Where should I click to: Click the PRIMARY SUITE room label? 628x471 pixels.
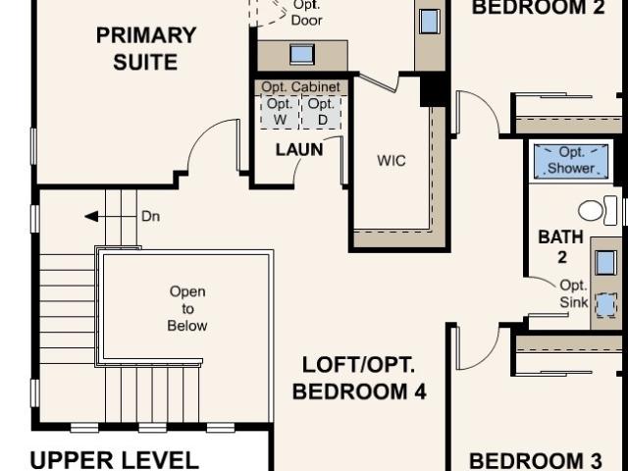[146, 48]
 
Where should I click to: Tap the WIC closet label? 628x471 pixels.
[392, 161]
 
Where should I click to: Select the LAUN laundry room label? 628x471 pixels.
[299, 150]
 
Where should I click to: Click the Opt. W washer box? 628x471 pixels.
[280, 112]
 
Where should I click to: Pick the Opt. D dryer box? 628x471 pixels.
[322, 112]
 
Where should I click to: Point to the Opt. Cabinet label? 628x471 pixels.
[300, 87]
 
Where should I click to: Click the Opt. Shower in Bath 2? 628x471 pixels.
[571, 160]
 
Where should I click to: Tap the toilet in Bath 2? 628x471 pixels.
[598, 210]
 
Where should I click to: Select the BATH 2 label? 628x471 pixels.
[561, 246]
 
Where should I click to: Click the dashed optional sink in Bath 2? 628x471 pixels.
[605, 305]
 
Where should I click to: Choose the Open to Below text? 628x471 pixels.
[187, 308]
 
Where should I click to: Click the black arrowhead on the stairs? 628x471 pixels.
[91, 216]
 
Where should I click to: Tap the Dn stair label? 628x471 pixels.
[150, 216]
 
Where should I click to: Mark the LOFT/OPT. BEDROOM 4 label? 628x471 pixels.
[359, 378]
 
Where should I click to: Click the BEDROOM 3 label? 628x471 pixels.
[535, 461]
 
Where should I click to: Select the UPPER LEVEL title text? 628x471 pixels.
[115, 460]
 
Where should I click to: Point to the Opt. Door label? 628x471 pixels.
[307, 13]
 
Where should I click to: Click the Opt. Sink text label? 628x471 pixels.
[573, 294]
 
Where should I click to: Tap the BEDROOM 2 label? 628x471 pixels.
[539, 7]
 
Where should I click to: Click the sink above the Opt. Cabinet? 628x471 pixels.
[302, 55]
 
